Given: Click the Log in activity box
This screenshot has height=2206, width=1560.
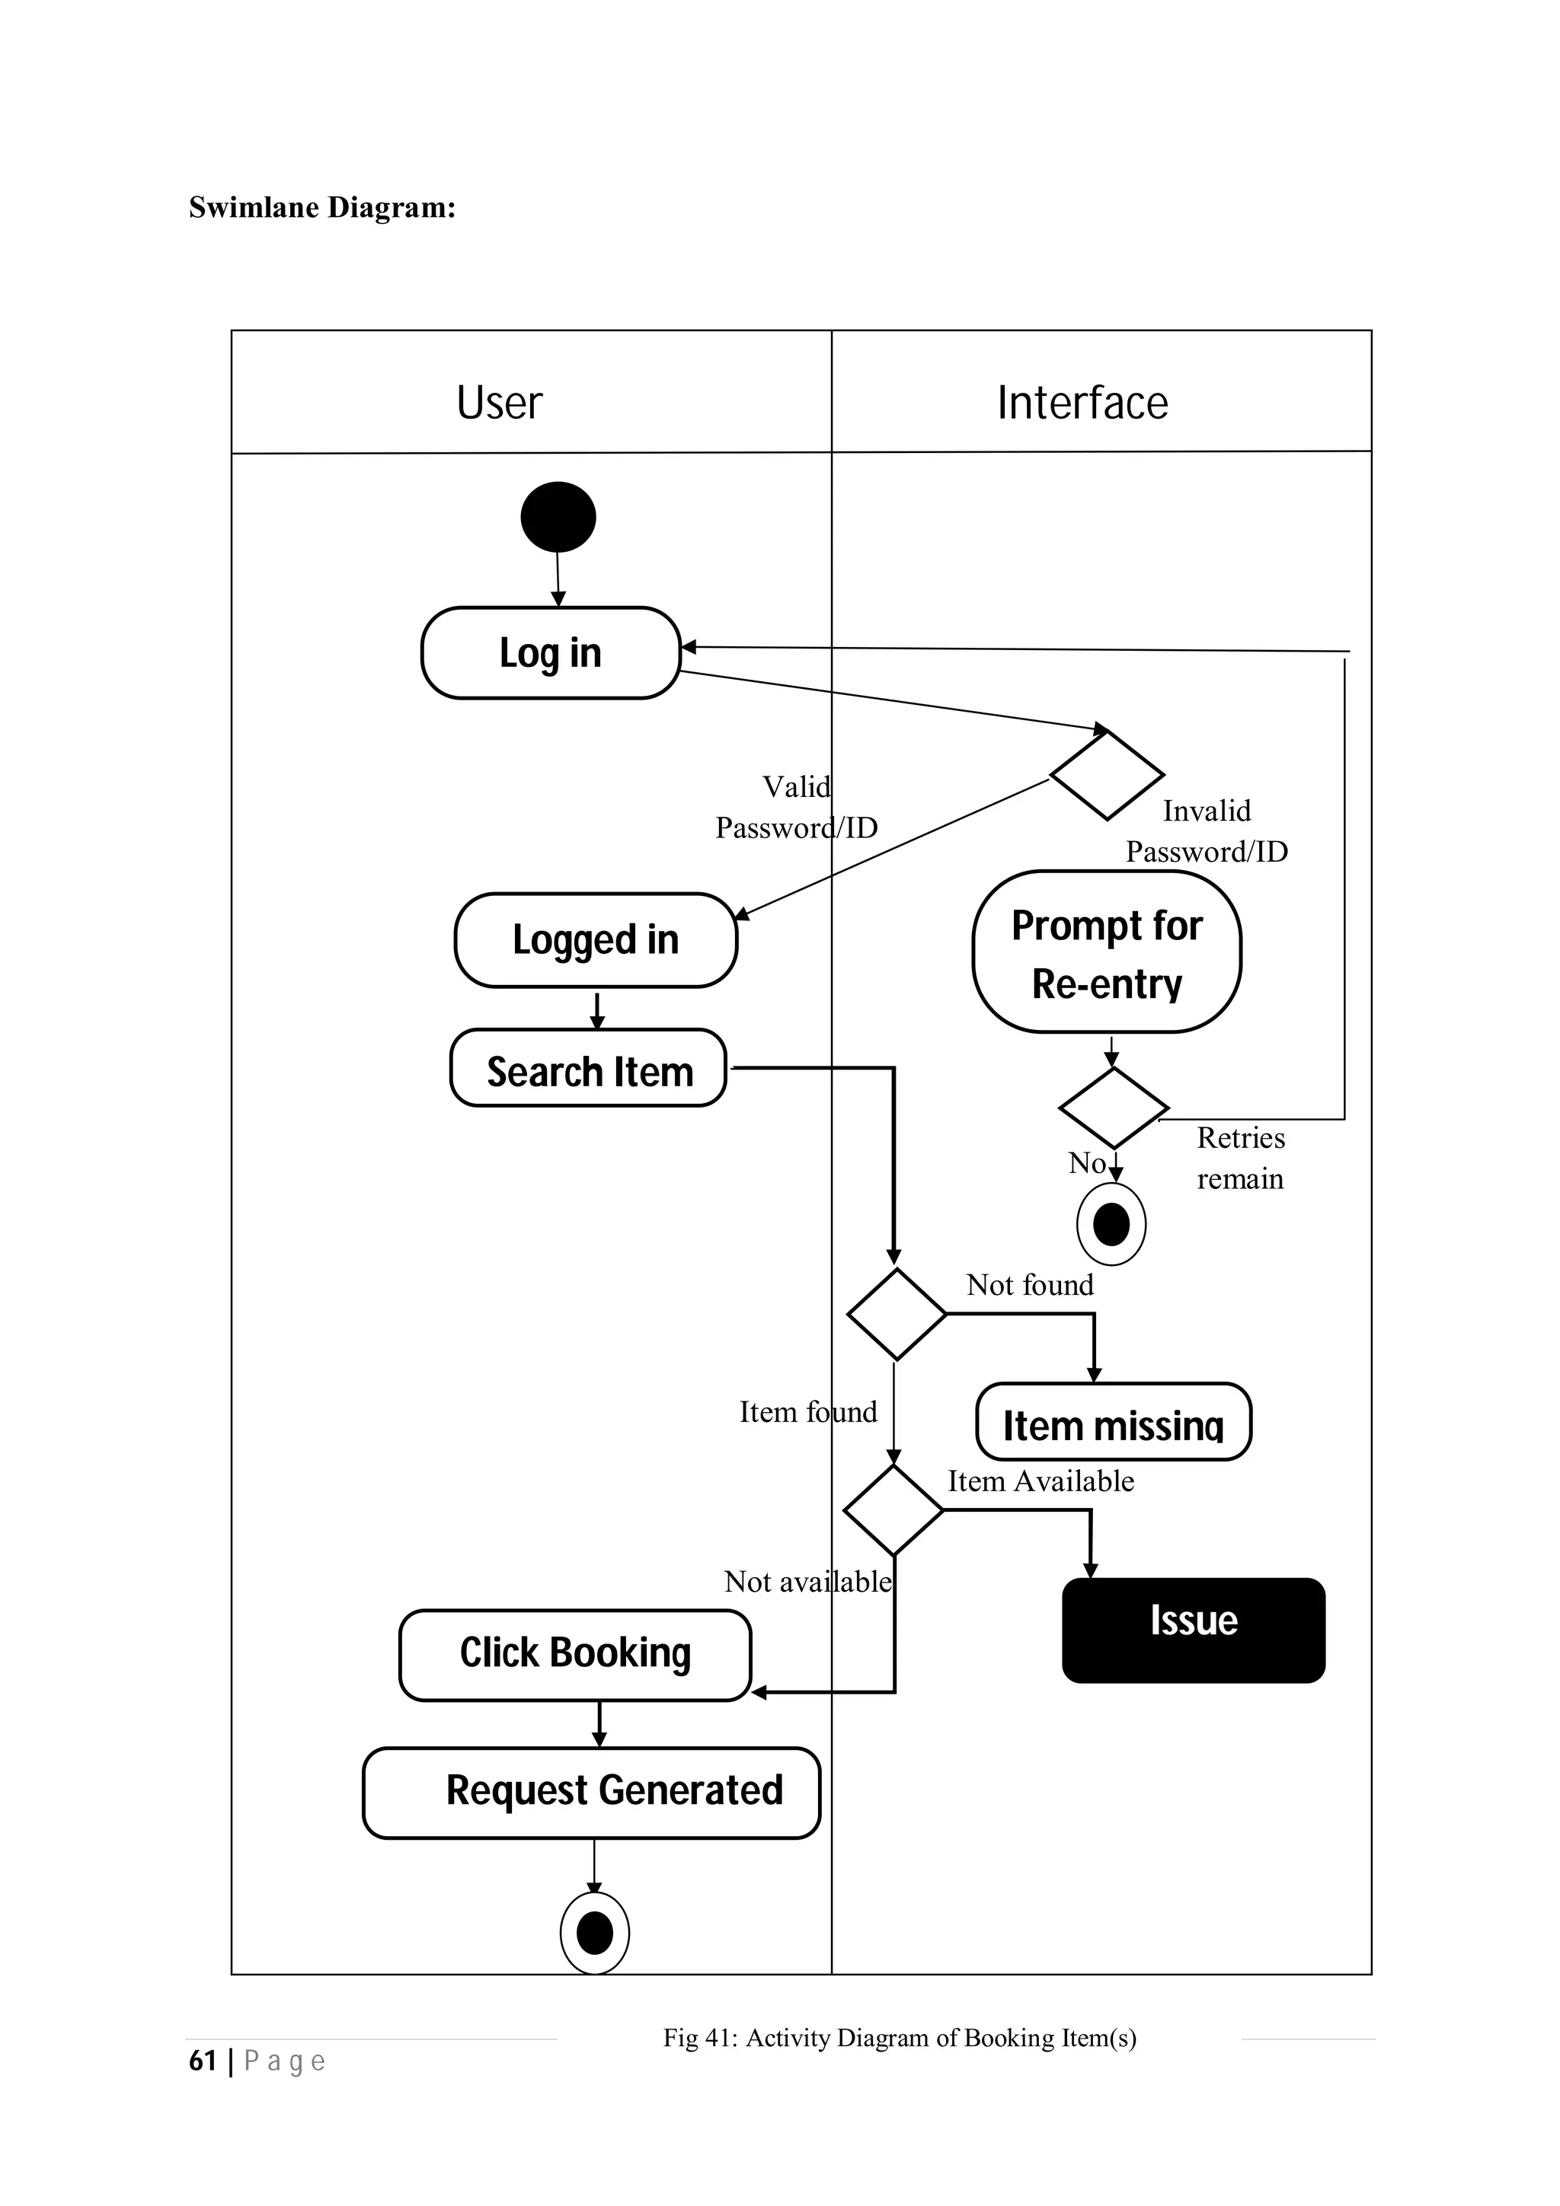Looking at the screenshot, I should coord(551,653).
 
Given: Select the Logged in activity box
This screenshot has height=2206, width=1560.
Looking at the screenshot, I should coord(595,939).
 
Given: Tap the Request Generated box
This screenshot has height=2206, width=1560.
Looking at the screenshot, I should coord(591,1792).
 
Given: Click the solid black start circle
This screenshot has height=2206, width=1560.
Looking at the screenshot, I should coord(558,517).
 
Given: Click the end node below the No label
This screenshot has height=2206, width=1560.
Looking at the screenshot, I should coord(1111,1224).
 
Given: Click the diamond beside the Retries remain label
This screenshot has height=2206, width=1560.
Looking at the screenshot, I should coord(1113,1108).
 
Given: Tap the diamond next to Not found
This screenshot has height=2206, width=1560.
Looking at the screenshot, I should coord(896,1313).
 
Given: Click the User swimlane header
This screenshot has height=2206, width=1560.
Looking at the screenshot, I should coord(499,403).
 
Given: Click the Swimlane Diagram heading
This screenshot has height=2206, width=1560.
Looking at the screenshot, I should coord(322,208).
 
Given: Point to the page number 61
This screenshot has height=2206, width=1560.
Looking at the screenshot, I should coord(203,2060).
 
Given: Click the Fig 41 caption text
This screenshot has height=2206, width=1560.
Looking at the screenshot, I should coord(899,2037).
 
